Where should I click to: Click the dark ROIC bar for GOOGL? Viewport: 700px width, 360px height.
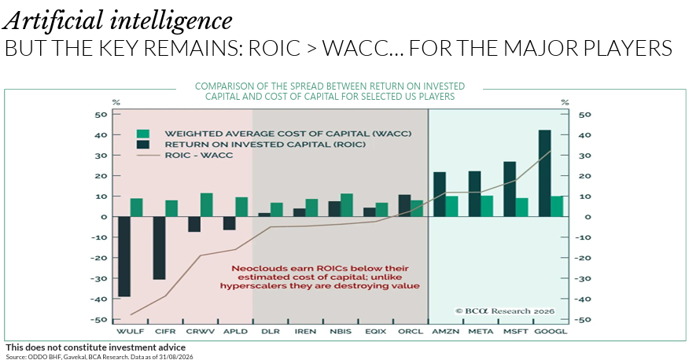pyautogui.click(x=544, y=173)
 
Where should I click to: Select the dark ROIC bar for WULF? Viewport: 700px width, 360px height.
pyautogui.click(x=124, y=256)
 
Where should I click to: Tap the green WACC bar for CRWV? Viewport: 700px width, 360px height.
pyautogui.click(x=207, y=204)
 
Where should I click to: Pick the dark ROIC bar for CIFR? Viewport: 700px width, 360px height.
pyautogui.click(x=160, y=248)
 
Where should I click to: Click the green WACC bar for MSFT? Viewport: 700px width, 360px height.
pyautogui.click(x=522, y=208)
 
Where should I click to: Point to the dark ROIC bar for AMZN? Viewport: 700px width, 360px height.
pyautogui.click(x=440, y=194)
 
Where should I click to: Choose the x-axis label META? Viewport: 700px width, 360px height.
pyautogui.click(x=481, y=332)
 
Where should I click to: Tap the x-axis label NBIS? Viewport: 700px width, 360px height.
pyautogui.click(x=341, y=332)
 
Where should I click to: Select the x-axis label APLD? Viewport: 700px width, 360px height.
pyautogui.click(x=235, y=332)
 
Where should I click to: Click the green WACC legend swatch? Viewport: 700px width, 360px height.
pyautogui.click(x=143, y=134)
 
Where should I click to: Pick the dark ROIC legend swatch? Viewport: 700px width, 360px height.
pyautogui.click(x=143, y=145)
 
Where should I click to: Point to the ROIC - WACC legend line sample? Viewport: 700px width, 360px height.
pyautogui.click(x=147, y=156)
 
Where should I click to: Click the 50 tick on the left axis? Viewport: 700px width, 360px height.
pyautogui.click(x=101, y=115)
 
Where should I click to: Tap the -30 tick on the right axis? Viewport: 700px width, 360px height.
pyautogui.click(x=583, y=278)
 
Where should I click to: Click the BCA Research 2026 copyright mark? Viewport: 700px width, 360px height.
pyautogui.click(x=504, y=311)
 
